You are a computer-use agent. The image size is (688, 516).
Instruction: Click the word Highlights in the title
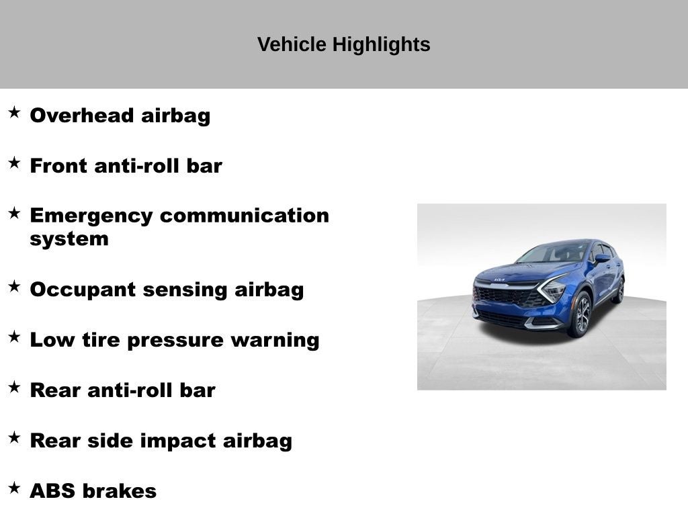click(x=381, y=45)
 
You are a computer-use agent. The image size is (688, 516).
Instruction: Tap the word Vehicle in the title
click(x=292, y=44)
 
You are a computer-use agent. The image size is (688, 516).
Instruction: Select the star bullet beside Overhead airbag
click(x=15, y=112)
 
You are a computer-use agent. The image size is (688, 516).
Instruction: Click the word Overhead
click(x=82, y=116)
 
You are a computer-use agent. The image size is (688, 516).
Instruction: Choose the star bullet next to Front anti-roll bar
click(x=15, y=163)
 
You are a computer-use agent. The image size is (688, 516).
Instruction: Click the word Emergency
click(x=91, y=216)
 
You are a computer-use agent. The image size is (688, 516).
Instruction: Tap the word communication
click(x=245, y=216)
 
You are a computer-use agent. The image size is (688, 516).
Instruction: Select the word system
click(x=69, y=240)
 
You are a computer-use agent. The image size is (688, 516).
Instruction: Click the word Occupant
click(x=83, y=290)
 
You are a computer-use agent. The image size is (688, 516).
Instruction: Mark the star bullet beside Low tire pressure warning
click(x=15, y=337)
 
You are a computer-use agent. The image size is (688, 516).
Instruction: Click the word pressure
click(x=175, y=341)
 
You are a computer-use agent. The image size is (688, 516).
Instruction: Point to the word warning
click(x=275, y=341)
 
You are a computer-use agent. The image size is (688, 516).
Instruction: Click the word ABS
click(x=52, y=491)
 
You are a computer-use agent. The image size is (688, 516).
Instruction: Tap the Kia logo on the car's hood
click(x=499, y=279)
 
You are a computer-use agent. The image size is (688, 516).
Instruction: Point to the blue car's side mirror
click(x=602, y=259)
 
